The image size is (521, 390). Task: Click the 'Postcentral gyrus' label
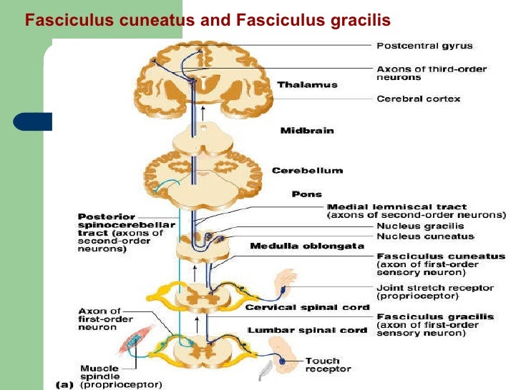(424, 46)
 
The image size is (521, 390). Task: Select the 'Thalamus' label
(297, 84)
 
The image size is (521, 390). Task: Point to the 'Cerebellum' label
(307, 170)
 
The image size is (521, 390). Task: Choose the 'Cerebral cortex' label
(419, 99)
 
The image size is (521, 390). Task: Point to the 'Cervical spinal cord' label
(307, 308)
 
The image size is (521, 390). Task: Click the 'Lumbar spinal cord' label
(307, 330)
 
